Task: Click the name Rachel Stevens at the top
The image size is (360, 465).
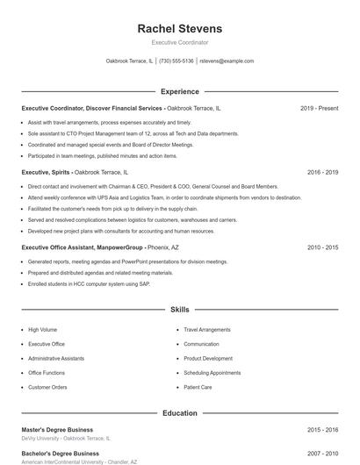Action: [x=180, y=28]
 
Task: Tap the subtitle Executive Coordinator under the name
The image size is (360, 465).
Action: [x=180, y=42]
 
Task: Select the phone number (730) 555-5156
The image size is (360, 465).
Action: [x=176, y=61]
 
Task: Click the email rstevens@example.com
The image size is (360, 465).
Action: [x=227, y=61]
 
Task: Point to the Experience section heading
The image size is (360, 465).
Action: [x=180, y=91]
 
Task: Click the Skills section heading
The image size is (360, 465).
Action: [x=180, y=310]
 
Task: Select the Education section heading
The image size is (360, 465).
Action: [x=180, y=412]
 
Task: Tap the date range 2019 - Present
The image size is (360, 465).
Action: [x=319, y=108]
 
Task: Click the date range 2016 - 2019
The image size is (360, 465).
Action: [x=322, y=173]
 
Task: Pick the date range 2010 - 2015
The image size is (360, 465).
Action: [x=322, y=248]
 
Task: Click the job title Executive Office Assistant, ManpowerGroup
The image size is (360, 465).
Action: [x=83, y=248]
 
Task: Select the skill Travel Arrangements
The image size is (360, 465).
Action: [x=207, y=330]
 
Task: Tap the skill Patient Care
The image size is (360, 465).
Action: [x=198, y=387]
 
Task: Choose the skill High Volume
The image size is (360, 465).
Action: [x=42, y=330]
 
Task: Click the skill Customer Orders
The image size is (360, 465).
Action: [x=47, y=387]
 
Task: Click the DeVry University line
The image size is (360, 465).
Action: [x=66, y=438]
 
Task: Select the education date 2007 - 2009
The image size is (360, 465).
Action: [x=322, y=454]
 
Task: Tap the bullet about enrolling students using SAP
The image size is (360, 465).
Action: [x=89, y=284]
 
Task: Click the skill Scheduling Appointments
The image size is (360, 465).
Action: [x=212, y=373]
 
